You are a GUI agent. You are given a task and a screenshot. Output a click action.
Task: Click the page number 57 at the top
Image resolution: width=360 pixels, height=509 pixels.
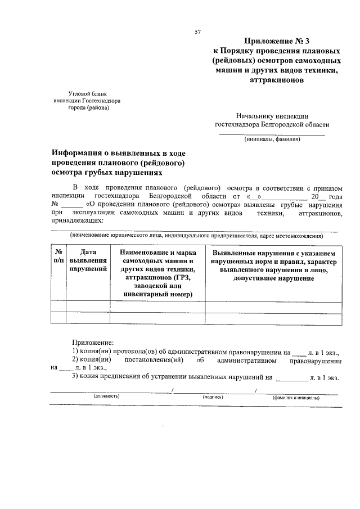tap(198, 32)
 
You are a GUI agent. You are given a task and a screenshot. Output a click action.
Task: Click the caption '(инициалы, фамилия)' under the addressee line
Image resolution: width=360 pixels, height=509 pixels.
tap(272, 140)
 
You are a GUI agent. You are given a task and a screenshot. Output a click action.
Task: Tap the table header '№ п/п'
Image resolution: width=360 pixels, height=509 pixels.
tap(58, 256)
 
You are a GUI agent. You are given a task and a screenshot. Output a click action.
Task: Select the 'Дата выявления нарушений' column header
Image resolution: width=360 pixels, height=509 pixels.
tap(88, 261)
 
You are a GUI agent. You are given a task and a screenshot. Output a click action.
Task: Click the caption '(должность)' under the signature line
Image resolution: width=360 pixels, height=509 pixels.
tap(107, 397)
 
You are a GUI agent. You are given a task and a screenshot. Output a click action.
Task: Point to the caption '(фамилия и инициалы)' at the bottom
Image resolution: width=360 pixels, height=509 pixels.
tap(296, 397)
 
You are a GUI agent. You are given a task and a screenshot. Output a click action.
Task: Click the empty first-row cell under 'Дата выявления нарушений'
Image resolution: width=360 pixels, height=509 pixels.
tap(88, 307)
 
